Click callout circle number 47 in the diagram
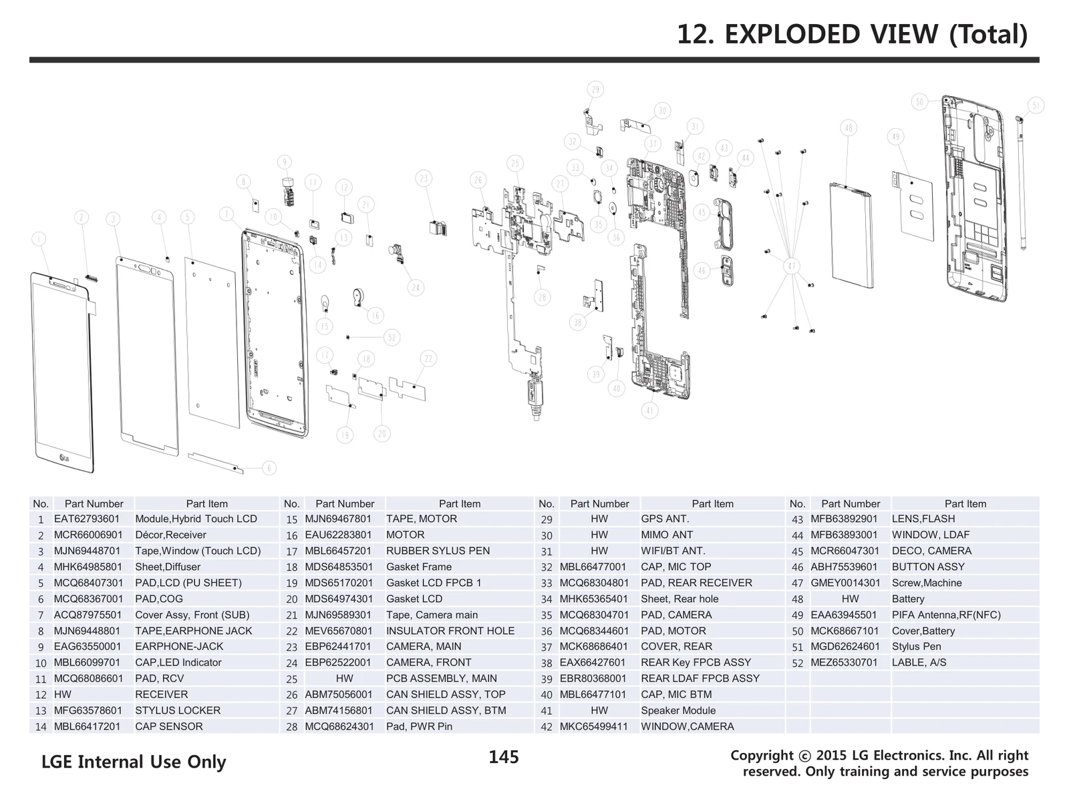click(792, 266)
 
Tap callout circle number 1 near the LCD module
click(39, 239)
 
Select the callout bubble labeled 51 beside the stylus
click(1036, 105)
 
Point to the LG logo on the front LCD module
click(65, 457)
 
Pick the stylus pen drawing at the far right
click(1022, 180)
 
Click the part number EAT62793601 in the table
click(87, 519)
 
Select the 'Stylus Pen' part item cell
click(916, 647)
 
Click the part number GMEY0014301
click(845, 583)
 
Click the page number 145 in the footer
click(504, 757)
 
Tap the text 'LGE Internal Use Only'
click(134, 762)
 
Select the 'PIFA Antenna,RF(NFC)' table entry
click(946, 615)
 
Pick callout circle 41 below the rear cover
click(650, 411)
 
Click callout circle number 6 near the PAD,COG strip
click(269, 468)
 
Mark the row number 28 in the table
click(291, 727)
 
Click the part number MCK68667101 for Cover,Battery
click(845, 631)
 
